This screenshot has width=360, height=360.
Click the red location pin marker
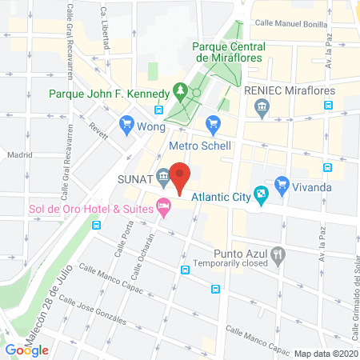tap(181, 177)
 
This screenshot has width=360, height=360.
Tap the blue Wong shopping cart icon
tap(126, 124)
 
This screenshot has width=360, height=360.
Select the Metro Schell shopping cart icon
tap(212, 123)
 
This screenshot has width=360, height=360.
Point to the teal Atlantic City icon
tap(261, 194)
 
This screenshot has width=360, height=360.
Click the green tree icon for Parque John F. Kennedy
tap(181, 90)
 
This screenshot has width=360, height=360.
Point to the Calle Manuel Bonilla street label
tap(291, 24)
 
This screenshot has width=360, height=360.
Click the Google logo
tap(26, 350)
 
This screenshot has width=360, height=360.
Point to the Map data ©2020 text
tap(325, 354)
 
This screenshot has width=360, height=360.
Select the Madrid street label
tap(18, 154)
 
